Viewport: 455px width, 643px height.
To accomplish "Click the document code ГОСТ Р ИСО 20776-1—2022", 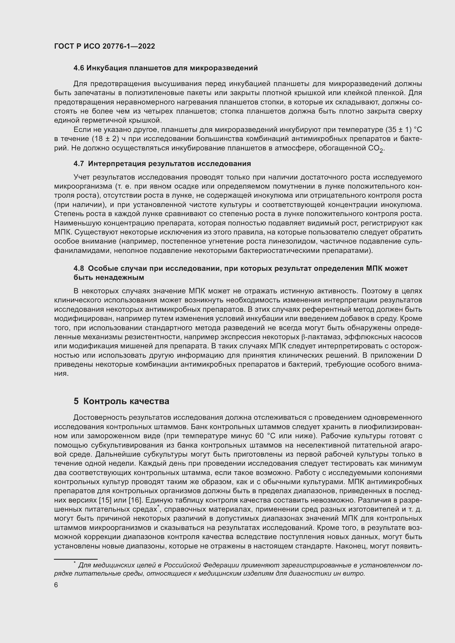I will [104, 46].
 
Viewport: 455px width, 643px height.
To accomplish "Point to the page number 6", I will [56, 585].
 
